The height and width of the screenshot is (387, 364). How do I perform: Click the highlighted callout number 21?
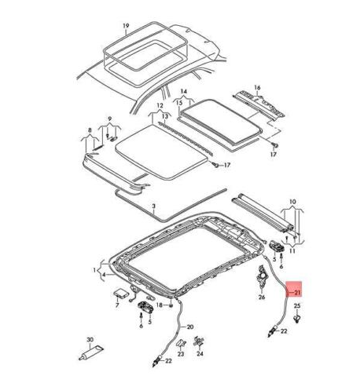(297, 292)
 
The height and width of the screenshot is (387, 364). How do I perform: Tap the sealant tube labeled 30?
(91, 353)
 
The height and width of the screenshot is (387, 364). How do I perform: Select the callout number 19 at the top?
(126, 26)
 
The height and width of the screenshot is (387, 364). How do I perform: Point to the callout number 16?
(257, 87)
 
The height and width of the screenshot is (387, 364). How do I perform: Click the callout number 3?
(154, 206)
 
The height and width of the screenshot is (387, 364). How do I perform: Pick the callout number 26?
(262, 297)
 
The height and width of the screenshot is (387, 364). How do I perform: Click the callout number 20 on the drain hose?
(190, 327)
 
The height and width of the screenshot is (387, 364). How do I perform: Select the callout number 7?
(117, 305)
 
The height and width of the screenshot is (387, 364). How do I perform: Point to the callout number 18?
(160, 305)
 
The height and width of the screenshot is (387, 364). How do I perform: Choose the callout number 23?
(181, 354)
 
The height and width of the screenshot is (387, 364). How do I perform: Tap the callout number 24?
(200, 354)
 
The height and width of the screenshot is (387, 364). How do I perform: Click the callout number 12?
(160, 106)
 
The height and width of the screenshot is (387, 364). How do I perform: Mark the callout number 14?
(184, 91)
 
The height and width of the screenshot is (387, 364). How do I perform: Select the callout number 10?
(292, 202)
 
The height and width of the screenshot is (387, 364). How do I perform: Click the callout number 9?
(110, 119)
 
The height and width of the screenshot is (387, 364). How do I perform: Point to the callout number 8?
(90, 130)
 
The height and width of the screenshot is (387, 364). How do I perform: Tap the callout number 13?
(164, 116)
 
